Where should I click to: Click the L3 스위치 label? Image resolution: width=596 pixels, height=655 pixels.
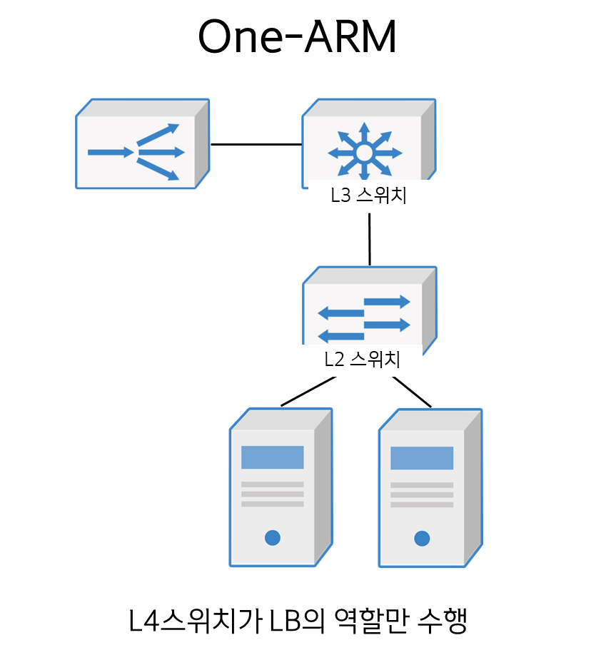tap(368, 196)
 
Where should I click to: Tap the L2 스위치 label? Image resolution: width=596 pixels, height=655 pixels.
tap(362, 360)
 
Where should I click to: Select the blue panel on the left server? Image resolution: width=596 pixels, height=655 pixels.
tap(272, 457)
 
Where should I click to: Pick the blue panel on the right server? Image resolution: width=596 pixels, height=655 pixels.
tap(422, 458)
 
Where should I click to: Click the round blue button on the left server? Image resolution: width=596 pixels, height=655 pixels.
tap(272, 538)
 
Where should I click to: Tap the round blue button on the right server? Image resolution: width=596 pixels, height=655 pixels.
tap(422, 538)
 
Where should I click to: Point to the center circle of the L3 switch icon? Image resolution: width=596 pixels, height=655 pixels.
tap(364, 153)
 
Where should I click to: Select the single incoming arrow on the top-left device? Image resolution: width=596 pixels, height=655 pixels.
tap(111, 152)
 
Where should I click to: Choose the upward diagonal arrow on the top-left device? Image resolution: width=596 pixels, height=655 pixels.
tap(158, 133)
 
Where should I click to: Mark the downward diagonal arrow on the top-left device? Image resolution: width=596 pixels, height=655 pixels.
tap(158, 170)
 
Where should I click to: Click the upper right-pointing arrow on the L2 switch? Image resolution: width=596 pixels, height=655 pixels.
tap(388, 302)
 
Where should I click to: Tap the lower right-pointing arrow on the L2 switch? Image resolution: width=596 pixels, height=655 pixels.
tap(388, 325)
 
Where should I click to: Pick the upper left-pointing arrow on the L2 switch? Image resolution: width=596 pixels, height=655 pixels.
tap(340, 313)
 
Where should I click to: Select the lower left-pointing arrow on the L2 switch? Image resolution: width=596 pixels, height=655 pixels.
tap(340, 336)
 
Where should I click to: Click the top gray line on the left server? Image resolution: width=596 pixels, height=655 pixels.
tap(272, 484)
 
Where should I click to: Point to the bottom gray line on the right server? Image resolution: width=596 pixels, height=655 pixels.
tap(422, 504)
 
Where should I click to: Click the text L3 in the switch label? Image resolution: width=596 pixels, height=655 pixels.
tap(340, 196)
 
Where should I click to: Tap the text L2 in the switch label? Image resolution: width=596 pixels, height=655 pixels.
tap(334, 360)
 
